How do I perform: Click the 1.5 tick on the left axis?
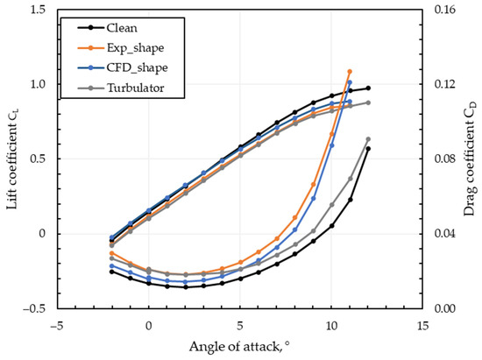click(35, 11)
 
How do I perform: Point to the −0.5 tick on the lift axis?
click(32, 308)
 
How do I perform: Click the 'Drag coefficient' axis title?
click(469, 159)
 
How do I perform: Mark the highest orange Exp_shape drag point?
click(350, 72)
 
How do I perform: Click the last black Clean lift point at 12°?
click(368, 88)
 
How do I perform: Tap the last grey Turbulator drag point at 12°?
click(368, 139)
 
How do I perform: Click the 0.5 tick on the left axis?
click(35, 159)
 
